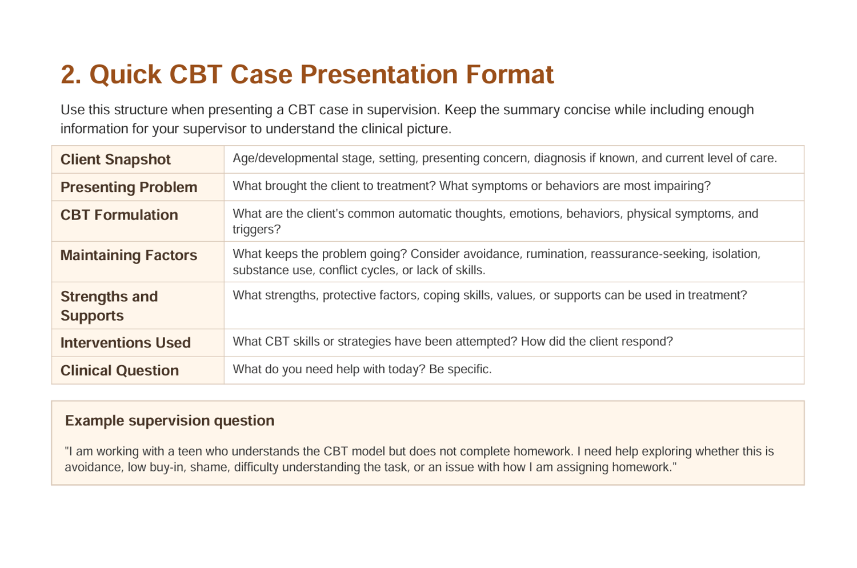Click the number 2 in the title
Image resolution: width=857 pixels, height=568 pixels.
point(71,74)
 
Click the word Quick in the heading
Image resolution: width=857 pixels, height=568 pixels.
point(125,74)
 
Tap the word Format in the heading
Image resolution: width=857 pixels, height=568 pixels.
point(510,74)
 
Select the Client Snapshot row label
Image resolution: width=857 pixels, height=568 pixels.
point(115,159)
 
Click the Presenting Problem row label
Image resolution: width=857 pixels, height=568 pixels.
point(129,187)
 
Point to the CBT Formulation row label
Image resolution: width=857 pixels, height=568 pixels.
point(119,215)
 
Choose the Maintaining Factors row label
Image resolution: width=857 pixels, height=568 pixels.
point(129,255)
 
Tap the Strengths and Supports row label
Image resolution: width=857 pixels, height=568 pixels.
point(109,306)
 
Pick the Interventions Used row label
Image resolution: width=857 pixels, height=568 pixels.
point(126,343)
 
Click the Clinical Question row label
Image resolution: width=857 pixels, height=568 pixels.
point(120,370)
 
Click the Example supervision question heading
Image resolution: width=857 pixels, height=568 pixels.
point(170,421)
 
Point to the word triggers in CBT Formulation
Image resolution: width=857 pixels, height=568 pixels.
point(257,230)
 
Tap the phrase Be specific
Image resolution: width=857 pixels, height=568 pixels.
point(460,369)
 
